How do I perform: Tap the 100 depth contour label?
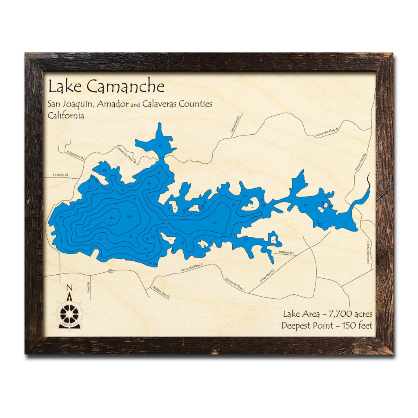pyautogui.click(x=130, y=216)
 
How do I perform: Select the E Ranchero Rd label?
pyautogui.click(x=75, y=154)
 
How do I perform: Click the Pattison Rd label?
pyautogui.click(x=287, y=253)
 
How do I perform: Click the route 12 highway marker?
pyautogui.click(x=111, y=271)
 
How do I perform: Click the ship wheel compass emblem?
pyautogui.click(x=69, y=314)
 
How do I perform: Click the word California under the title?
pyautogui.click(x=66, y=116)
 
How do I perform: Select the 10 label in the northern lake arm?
pyautogui.click(x=160, y=146)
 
